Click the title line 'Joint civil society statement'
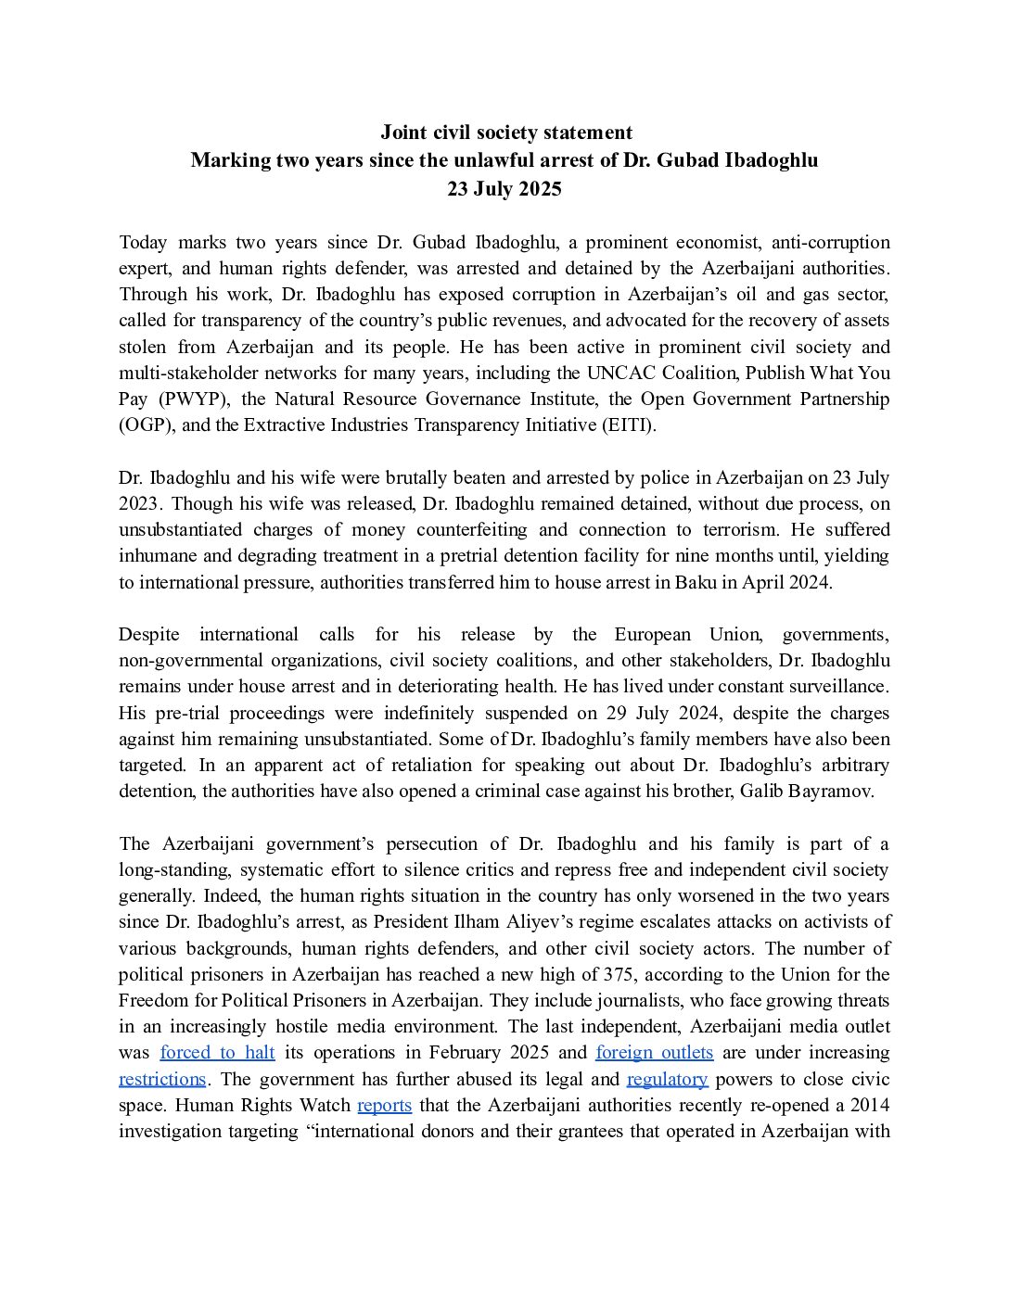point(504,133)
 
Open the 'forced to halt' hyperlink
point(217,1052)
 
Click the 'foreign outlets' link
point(654,1052)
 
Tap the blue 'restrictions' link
point(162,1079)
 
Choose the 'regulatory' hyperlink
point(667,1079)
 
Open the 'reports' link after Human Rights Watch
point(384,1105)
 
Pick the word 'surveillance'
point(838,687)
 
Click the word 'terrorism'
point(846,530)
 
